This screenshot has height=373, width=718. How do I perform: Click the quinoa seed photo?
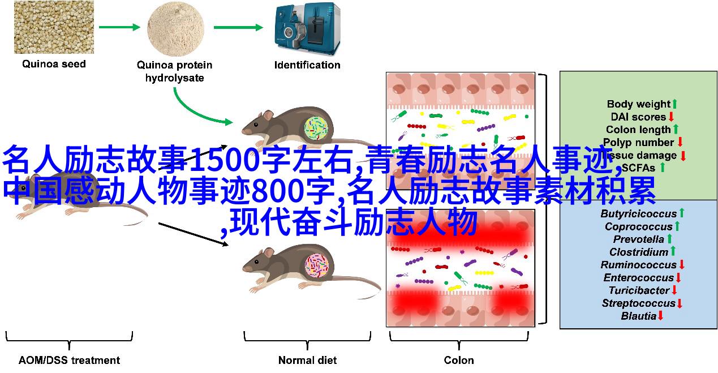[x=54, y=27]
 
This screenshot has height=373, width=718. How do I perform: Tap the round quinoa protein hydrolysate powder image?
[x=175, y=27]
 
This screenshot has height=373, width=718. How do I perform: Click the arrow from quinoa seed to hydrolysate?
[x=119, y=27]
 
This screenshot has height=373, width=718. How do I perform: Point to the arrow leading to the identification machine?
[x=238, y=27]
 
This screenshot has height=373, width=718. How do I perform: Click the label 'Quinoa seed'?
[x=54, y=64]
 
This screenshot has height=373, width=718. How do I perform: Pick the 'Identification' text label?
[x=307, y=65]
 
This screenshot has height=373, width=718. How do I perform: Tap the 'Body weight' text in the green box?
[x=638, y=104]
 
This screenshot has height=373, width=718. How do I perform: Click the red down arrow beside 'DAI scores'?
[x=672, y=117]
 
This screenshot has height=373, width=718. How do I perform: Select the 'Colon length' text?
[x=638, y=130]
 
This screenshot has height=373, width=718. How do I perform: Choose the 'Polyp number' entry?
[x=638, y=143]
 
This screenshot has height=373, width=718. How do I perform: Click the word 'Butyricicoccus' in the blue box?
[x=638, y=214]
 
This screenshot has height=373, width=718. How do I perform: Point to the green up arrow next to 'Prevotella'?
[x=670, y=239]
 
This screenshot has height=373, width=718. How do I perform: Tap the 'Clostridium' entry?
[x=638, y=252]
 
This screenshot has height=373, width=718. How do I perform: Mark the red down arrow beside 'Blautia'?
[x=660, y=316]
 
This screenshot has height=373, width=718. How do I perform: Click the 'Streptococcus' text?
[x=638, y=303]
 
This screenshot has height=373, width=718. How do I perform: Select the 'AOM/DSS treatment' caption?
[x=69, y=360]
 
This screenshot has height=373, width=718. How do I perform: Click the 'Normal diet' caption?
[x=307, y=360]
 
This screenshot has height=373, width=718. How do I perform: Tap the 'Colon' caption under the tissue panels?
[x=459, y=360]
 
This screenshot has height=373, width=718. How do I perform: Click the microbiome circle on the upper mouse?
[x=317, y=129]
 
